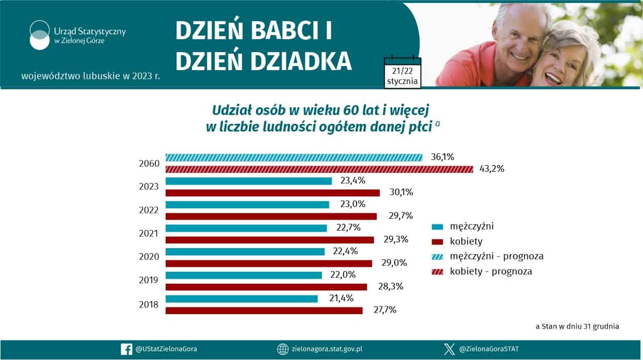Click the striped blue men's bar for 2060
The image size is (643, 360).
pos(294,157)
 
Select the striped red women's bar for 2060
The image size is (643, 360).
pos(319,169)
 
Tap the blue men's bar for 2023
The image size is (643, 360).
pos(249,181)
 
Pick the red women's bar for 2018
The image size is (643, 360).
pos(264,310)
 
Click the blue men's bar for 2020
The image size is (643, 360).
pos(245,252)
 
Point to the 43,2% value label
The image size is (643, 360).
pos(492,169)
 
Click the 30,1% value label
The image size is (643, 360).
pos(401,192)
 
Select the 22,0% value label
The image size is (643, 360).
pos(343,275)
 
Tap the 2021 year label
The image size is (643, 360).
pos(149,234)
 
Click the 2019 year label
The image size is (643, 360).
pos(149,280)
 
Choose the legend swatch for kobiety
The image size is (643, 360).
pos(438,242)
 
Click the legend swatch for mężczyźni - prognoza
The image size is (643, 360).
pos(438,257)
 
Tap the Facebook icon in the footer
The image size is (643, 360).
pos(126,349)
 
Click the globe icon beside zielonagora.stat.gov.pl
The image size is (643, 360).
pos(282,349)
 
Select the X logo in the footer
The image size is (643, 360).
pos(449,349)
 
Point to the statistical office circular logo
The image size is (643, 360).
pos(40,35)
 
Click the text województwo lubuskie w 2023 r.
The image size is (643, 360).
pos(91,76)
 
